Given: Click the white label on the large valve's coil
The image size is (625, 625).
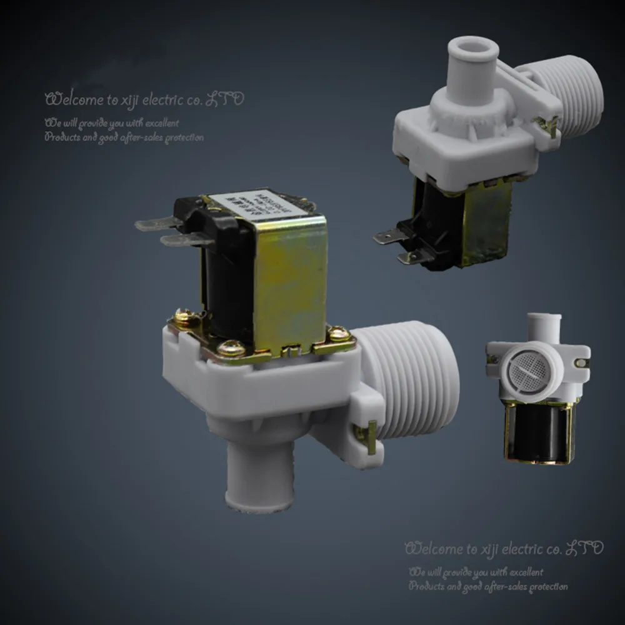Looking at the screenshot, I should (261, 202).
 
